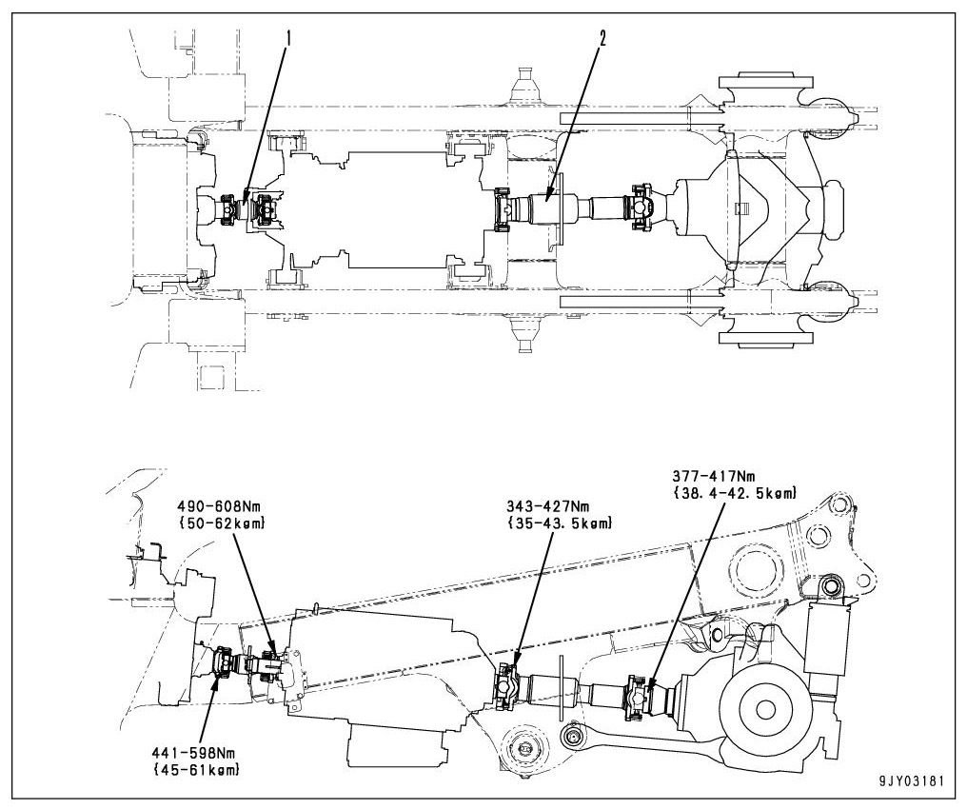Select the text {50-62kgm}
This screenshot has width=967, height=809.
(x=222, y=523)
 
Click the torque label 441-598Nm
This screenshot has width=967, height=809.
(x=194, y=753)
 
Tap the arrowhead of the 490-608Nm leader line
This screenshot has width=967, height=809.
(x=276, y=656)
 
